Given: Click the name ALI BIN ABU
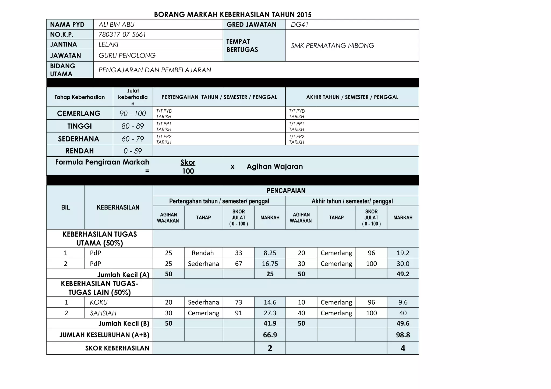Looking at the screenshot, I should click(x=116, y=24).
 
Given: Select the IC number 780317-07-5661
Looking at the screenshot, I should click(x=122, y=34).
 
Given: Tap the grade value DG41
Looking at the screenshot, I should click(x=299, y=24).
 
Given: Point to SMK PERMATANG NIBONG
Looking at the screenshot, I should click(x=332, y=45).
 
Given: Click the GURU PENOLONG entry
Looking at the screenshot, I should click(x=127, y=55).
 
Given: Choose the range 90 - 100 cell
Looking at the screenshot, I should click(x=133, y=113).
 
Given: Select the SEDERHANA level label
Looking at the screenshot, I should click(x=79, y=139).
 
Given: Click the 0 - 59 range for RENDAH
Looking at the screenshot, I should click(x=133, y=151).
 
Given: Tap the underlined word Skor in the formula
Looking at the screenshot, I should click(x=188, y=162).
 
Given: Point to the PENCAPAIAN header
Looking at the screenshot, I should click(x=286, y=191).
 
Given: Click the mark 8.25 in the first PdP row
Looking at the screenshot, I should click(x=270, y=253).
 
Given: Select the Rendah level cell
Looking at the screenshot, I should click(x=203, y=253).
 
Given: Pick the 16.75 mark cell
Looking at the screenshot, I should click(x=270, y=264).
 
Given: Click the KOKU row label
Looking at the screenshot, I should click(x=99, y=302).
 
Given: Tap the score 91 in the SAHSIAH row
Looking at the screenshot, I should click(x=238, y=313).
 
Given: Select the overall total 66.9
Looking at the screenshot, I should click(x=270, y=335).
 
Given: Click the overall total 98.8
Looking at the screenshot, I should click(x=403, y=335).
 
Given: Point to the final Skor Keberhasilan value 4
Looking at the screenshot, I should click(x=403, y=348).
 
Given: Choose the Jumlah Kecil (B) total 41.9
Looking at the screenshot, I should click(x=270, y=323).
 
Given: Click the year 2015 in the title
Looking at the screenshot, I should click(x=304, y=15).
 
